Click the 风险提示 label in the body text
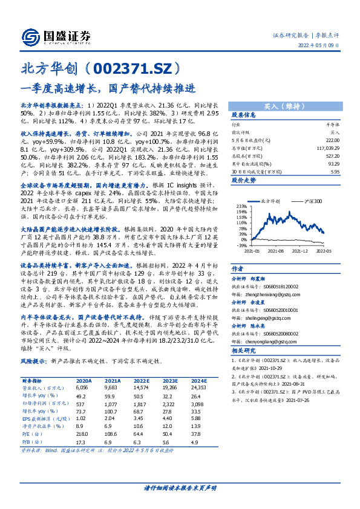click(33, 361)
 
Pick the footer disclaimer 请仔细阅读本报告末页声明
click(180, 487)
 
